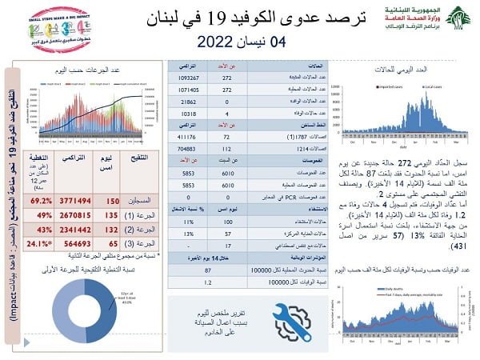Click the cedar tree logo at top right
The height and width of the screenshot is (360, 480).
tap(457, 18)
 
